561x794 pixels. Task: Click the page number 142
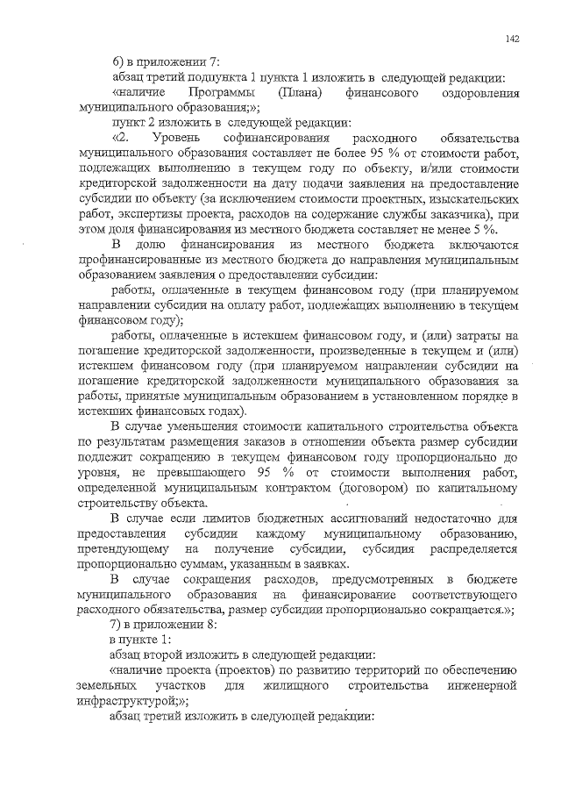tap(513, 39)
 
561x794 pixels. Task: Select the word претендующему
tap(119, 549)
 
